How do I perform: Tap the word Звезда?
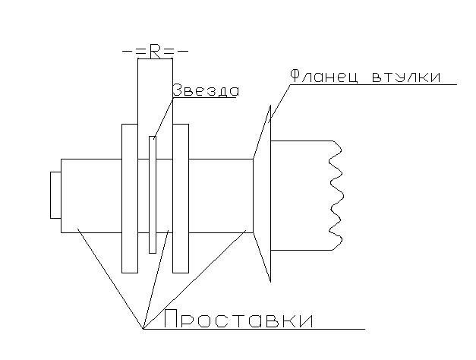[x=206, y=90]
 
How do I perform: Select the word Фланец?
[x=324, y=76]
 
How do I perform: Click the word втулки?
[x=406, y=77]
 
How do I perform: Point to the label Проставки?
[x=238, y=319]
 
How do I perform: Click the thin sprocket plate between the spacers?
[x=153, y=194]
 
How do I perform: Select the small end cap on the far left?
[x=55, y=195]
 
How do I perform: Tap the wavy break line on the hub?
[x=336, y=195]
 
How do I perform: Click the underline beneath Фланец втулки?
[x=373, y=85]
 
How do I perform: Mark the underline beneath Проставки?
[x=254, y=329]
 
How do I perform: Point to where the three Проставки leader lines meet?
[x=143, y=329]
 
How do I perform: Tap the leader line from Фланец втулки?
[x=279, y=103]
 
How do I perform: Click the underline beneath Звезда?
[x=204, y=98]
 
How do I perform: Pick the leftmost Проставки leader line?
[x=110, y=279]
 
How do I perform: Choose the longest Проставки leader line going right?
[x=194, y=279]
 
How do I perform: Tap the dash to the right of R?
[x=184, y=51]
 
